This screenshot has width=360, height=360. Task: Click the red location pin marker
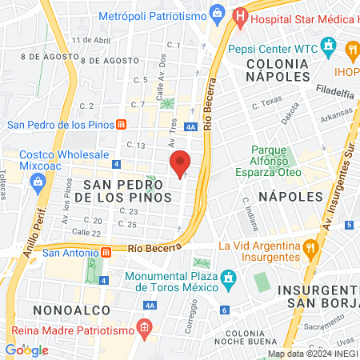[x=181, y=163]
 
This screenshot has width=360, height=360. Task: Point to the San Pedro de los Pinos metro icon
[x=121, y=124]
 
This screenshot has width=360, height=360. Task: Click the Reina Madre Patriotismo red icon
[x=143, y=326]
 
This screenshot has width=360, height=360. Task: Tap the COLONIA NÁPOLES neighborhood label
[x=278, y=69]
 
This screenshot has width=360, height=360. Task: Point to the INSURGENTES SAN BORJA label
[x=324, y=295]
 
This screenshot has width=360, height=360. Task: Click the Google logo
[x=26, y=350]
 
